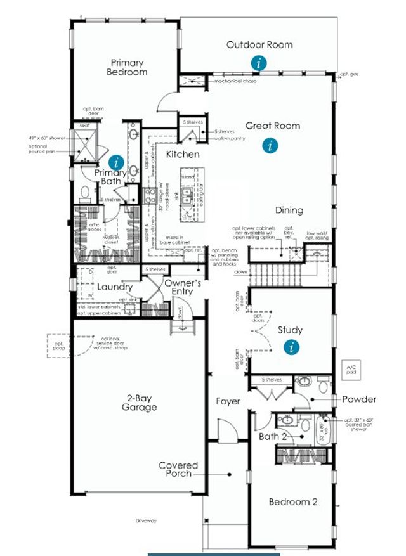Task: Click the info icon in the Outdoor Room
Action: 258,63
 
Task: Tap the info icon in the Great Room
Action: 271,145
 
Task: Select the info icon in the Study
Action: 292,347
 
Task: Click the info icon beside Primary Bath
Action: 115,162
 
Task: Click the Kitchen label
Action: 183,154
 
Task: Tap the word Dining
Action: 289,210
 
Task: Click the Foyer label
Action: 228,401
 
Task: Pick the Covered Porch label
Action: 178,469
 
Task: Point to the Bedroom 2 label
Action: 293,502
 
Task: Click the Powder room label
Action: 359,399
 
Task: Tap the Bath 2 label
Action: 273,437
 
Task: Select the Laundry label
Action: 115,287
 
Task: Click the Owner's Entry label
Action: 183,287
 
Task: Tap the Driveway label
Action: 145,520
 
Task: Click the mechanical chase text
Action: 235,81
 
